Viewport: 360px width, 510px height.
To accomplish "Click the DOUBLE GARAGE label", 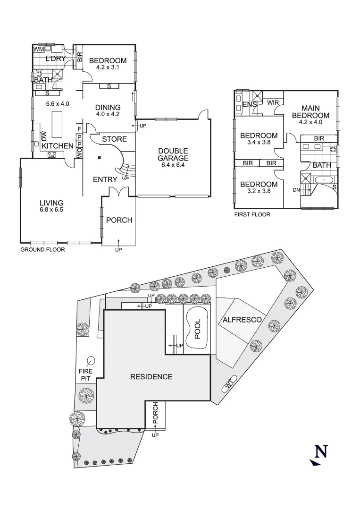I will [173, 155].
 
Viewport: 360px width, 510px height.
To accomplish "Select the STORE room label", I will [115, 139].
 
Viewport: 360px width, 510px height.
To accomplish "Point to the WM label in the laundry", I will [38, 49].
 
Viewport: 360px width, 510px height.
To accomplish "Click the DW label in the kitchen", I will [44, 136].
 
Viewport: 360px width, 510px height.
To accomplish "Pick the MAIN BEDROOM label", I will [310, 111].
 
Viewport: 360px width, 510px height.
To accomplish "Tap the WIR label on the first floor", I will [273, 102].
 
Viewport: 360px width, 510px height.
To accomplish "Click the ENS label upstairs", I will [249, 104].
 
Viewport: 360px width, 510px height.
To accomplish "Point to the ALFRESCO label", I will [242, 320].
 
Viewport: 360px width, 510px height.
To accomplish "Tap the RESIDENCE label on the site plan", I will [151, 377].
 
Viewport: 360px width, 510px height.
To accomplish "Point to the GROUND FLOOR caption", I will [42, 249].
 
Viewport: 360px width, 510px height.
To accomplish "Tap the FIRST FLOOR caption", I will [252, 214].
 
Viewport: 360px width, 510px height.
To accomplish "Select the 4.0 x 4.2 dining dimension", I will [108, 113].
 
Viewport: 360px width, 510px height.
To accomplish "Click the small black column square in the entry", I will [100, 158].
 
